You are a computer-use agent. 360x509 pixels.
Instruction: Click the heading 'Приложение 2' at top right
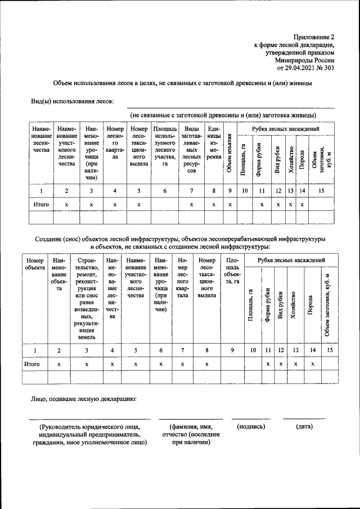click(x=313, y=35)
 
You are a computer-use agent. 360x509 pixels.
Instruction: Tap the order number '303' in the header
click(x=328, y=67)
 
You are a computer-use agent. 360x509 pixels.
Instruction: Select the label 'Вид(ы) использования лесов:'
click(x=72, y=101)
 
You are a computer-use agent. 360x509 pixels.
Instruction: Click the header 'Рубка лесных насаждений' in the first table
click(x=286, y=129)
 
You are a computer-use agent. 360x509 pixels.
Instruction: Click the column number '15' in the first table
click(x=321, y=191)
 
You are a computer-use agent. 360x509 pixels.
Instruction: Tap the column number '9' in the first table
click(x=230, y=191)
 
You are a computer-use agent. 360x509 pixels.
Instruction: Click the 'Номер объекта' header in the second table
click(x=35, y=264)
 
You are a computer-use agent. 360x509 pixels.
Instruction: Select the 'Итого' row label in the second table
click(x=31, y=364)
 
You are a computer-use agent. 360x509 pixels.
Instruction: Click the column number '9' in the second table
click(x=232, y=350)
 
